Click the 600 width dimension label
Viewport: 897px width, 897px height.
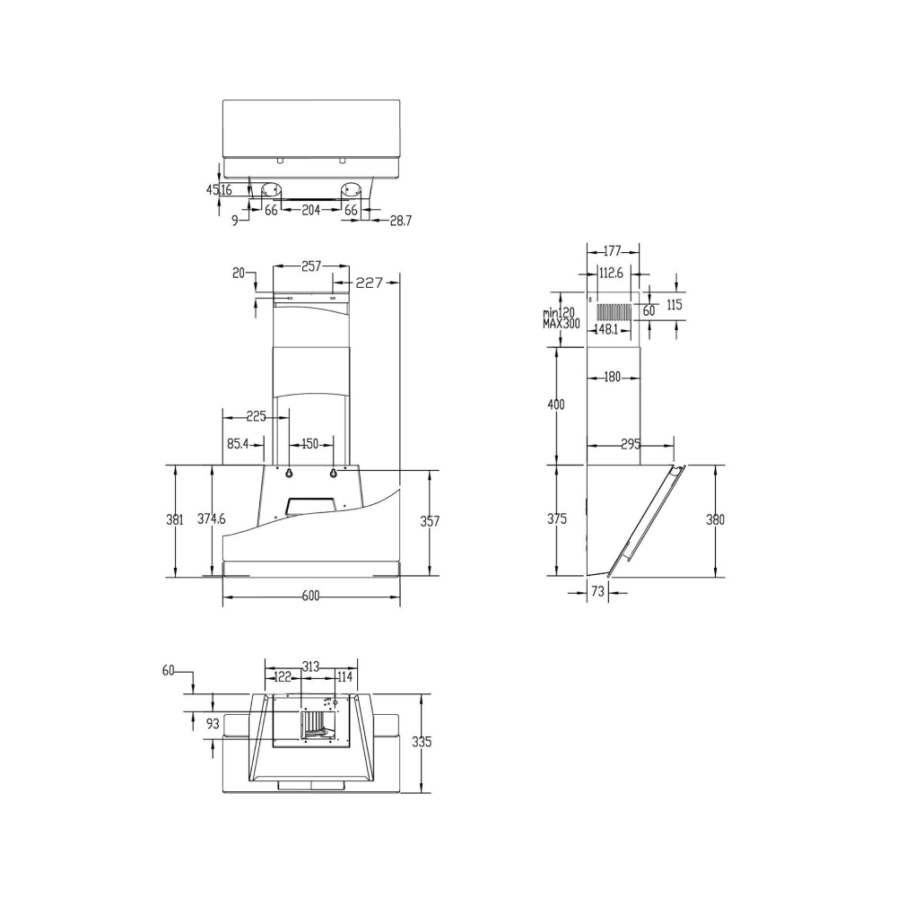click(310, 597)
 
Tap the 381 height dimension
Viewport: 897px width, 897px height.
click(175, 519)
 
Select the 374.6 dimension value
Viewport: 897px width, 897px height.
click(212, 518)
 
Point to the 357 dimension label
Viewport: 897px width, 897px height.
click(430, 521)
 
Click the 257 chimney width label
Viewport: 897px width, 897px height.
click(311, 266)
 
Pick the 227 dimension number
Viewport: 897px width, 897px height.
click(369, 283)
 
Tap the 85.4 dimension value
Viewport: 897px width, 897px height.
click(238, 443)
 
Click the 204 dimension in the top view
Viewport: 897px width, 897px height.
click(310, 211)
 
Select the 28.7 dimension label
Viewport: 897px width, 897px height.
click(400, 221)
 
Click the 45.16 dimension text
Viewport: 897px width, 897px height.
click(219, 190)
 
